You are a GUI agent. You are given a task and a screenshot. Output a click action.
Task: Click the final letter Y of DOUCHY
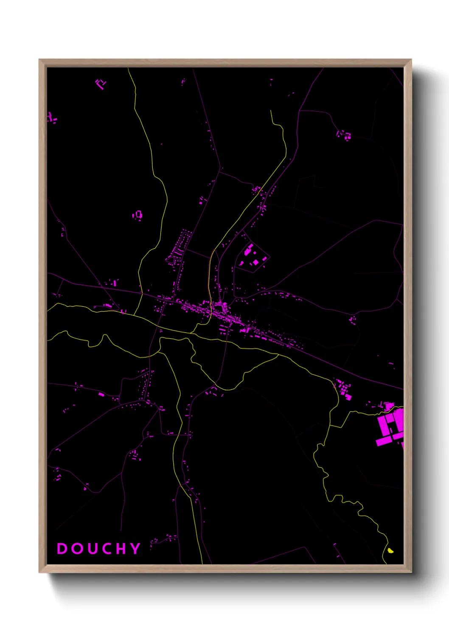(135, 549)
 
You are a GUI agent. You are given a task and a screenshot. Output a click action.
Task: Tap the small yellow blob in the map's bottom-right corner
(390, 551)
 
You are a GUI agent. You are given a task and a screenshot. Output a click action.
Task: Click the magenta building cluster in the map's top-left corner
(101, 83)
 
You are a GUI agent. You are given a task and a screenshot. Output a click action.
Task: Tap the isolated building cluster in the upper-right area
(344, 135)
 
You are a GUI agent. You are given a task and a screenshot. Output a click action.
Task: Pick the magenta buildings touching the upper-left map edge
(51, 118)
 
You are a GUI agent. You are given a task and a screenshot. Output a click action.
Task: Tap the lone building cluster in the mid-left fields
(137, 215)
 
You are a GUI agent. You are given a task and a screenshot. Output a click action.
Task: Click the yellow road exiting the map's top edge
(131, 76)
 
